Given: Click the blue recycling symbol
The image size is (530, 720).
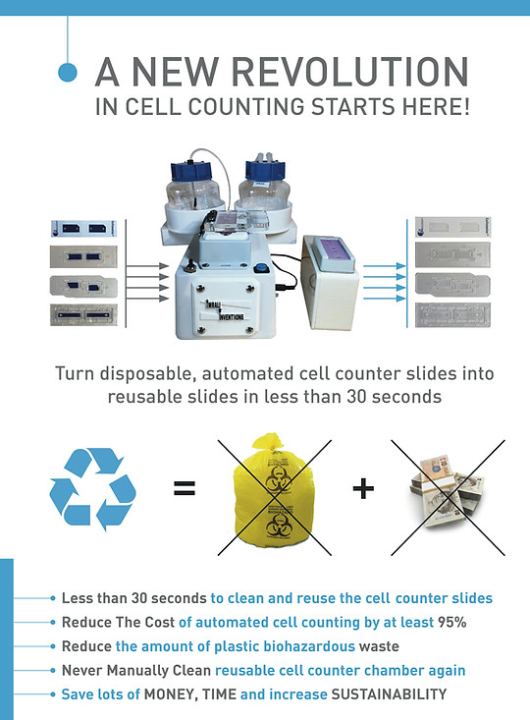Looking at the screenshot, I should (92, 488).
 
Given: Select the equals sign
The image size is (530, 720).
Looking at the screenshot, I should (184, 486).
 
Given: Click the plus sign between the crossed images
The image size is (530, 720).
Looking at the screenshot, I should (363, 487).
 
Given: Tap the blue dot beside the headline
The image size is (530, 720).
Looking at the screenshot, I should (68, 72).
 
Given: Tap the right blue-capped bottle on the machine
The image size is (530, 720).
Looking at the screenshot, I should (263, 183).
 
